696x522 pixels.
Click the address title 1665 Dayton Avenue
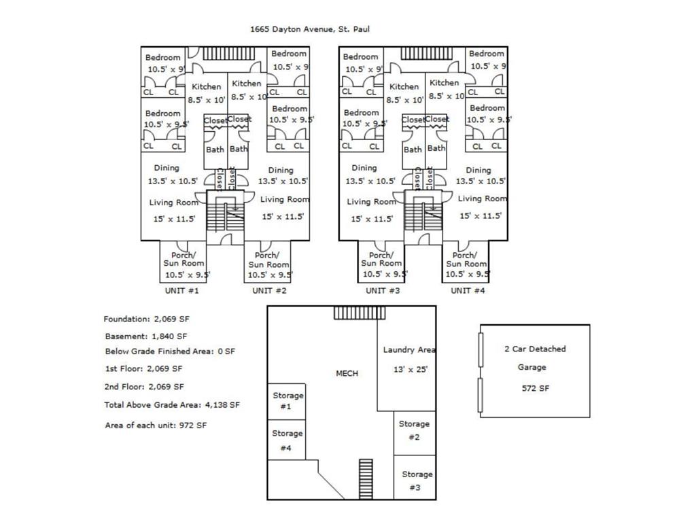pos(309,29)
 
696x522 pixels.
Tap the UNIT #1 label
pos(181,290)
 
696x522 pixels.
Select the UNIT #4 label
pos(468,290)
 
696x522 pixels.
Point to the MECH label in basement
pos(347,373)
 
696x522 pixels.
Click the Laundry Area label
pos(408,350)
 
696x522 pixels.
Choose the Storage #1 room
pos(286,401)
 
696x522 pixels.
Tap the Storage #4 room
pos(286,440)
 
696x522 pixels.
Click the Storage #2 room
pos(414,430)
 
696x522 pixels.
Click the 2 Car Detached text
pos(534,349)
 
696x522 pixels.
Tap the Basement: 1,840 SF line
pos(145,336)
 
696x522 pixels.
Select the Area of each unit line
pos(156,425)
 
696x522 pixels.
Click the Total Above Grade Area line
pos(172,404)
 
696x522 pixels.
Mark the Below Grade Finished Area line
pos(170,351)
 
